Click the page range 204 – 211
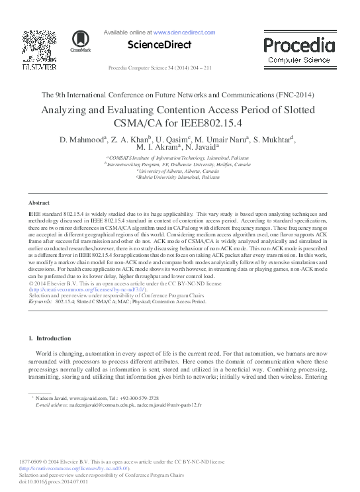pyautogui.click(x=198, y=68)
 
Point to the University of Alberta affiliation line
pyautogui.click(x=179, y=172)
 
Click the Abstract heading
pyautogui.click(x=39, y=202)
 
